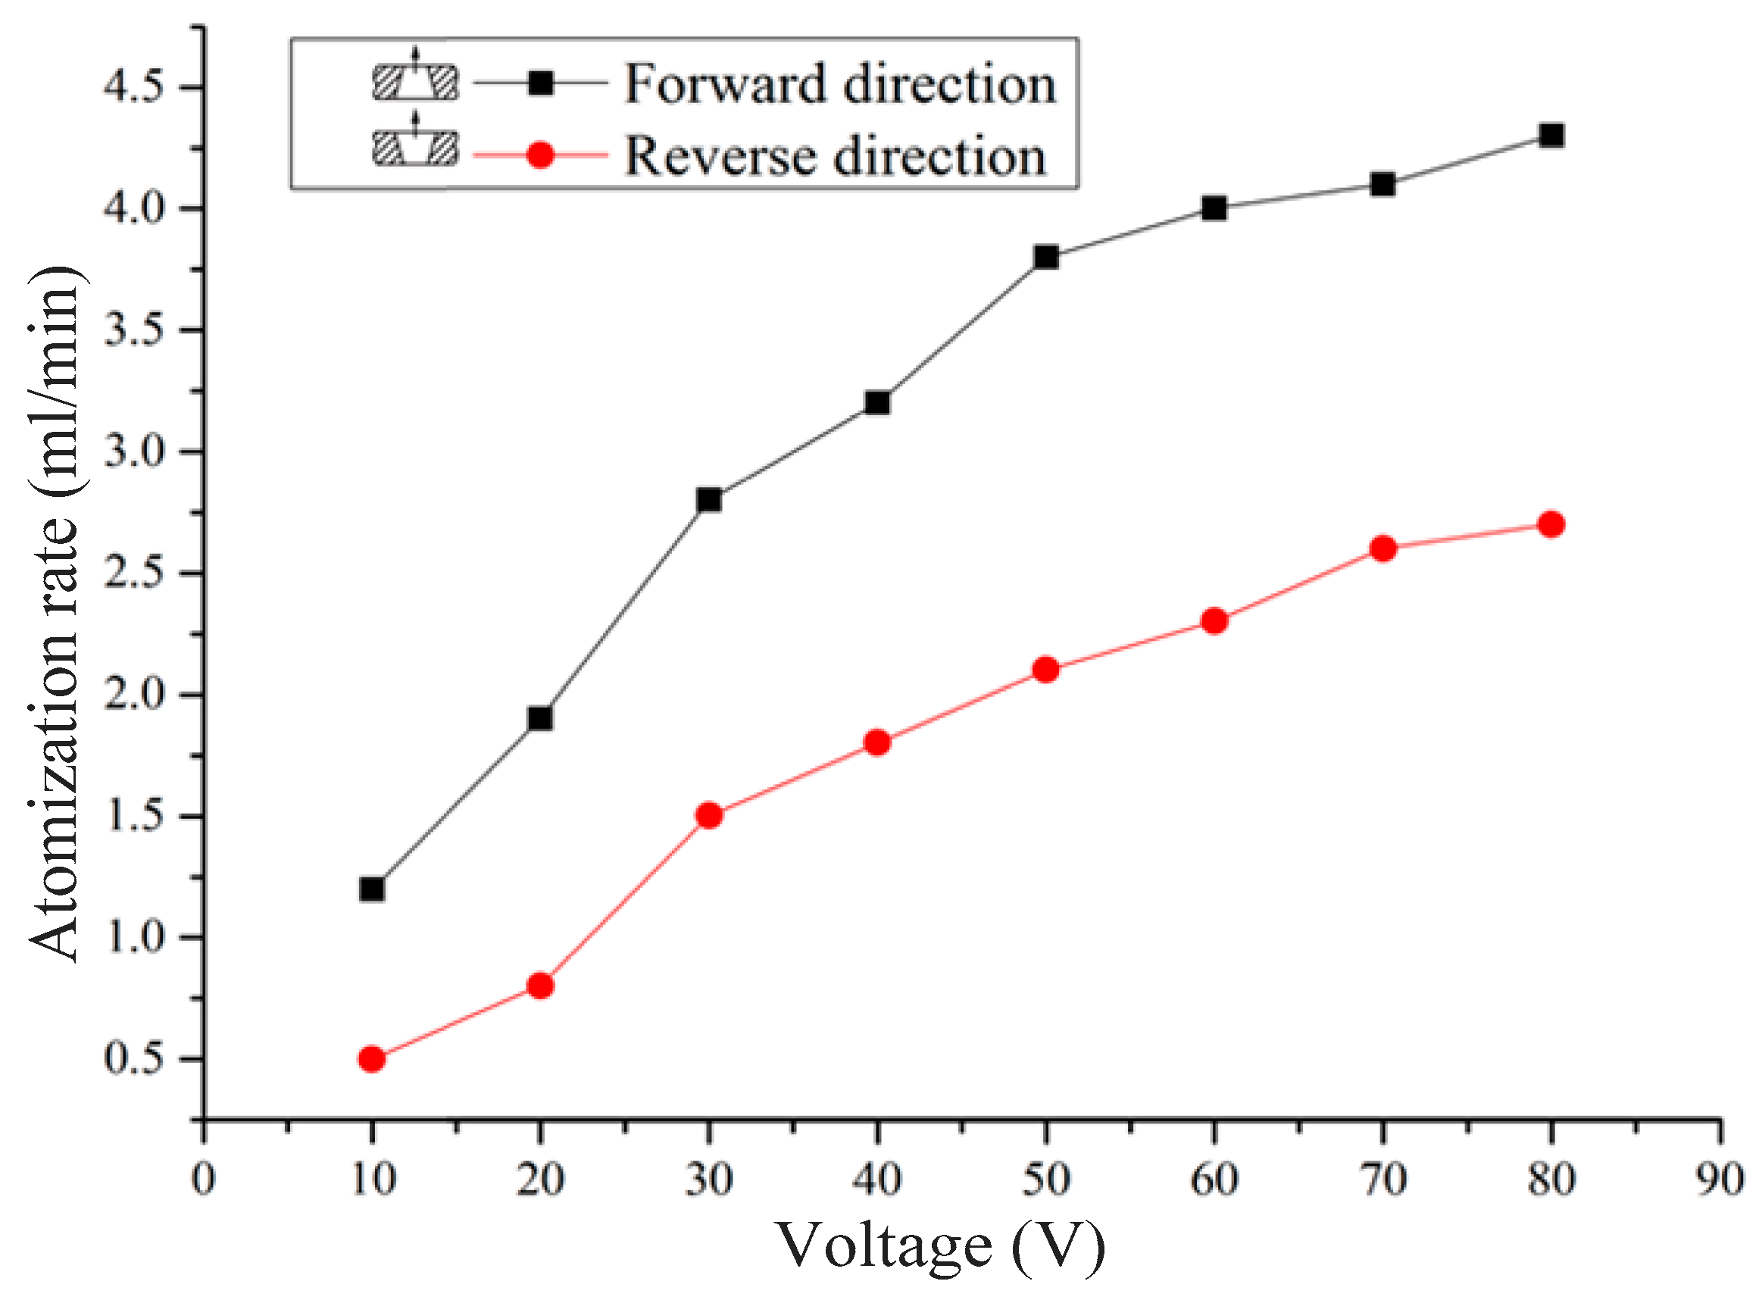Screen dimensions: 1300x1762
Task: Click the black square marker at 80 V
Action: click(1551, 136)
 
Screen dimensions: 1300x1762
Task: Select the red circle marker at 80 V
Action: click(1551, 524)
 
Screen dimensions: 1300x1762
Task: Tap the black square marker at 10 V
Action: click(371, 889)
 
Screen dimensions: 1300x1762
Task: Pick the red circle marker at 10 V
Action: click(371, 1059)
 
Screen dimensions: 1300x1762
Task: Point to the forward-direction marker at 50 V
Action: click(1046, 257)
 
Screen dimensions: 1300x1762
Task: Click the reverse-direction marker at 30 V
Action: click(709, 815)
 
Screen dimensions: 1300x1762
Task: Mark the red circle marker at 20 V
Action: click(540, 986)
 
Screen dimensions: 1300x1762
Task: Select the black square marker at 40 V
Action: click(876, 403)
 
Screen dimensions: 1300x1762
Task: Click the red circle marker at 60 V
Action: click(1214, 621)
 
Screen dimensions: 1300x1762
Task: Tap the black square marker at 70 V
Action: click(1382, 184)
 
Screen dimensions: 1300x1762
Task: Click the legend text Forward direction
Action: click(839, 83)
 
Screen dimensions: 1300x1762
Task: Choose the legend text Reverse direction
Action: click(835, 155)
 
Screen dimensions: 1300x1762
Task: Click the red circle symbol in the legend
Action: click(541, 155)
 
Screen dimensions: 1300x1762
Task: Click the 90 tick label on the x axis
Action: click(1719, 1180)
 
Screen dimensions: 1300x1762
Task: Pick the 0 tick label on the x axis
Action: click(203, 1180)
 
